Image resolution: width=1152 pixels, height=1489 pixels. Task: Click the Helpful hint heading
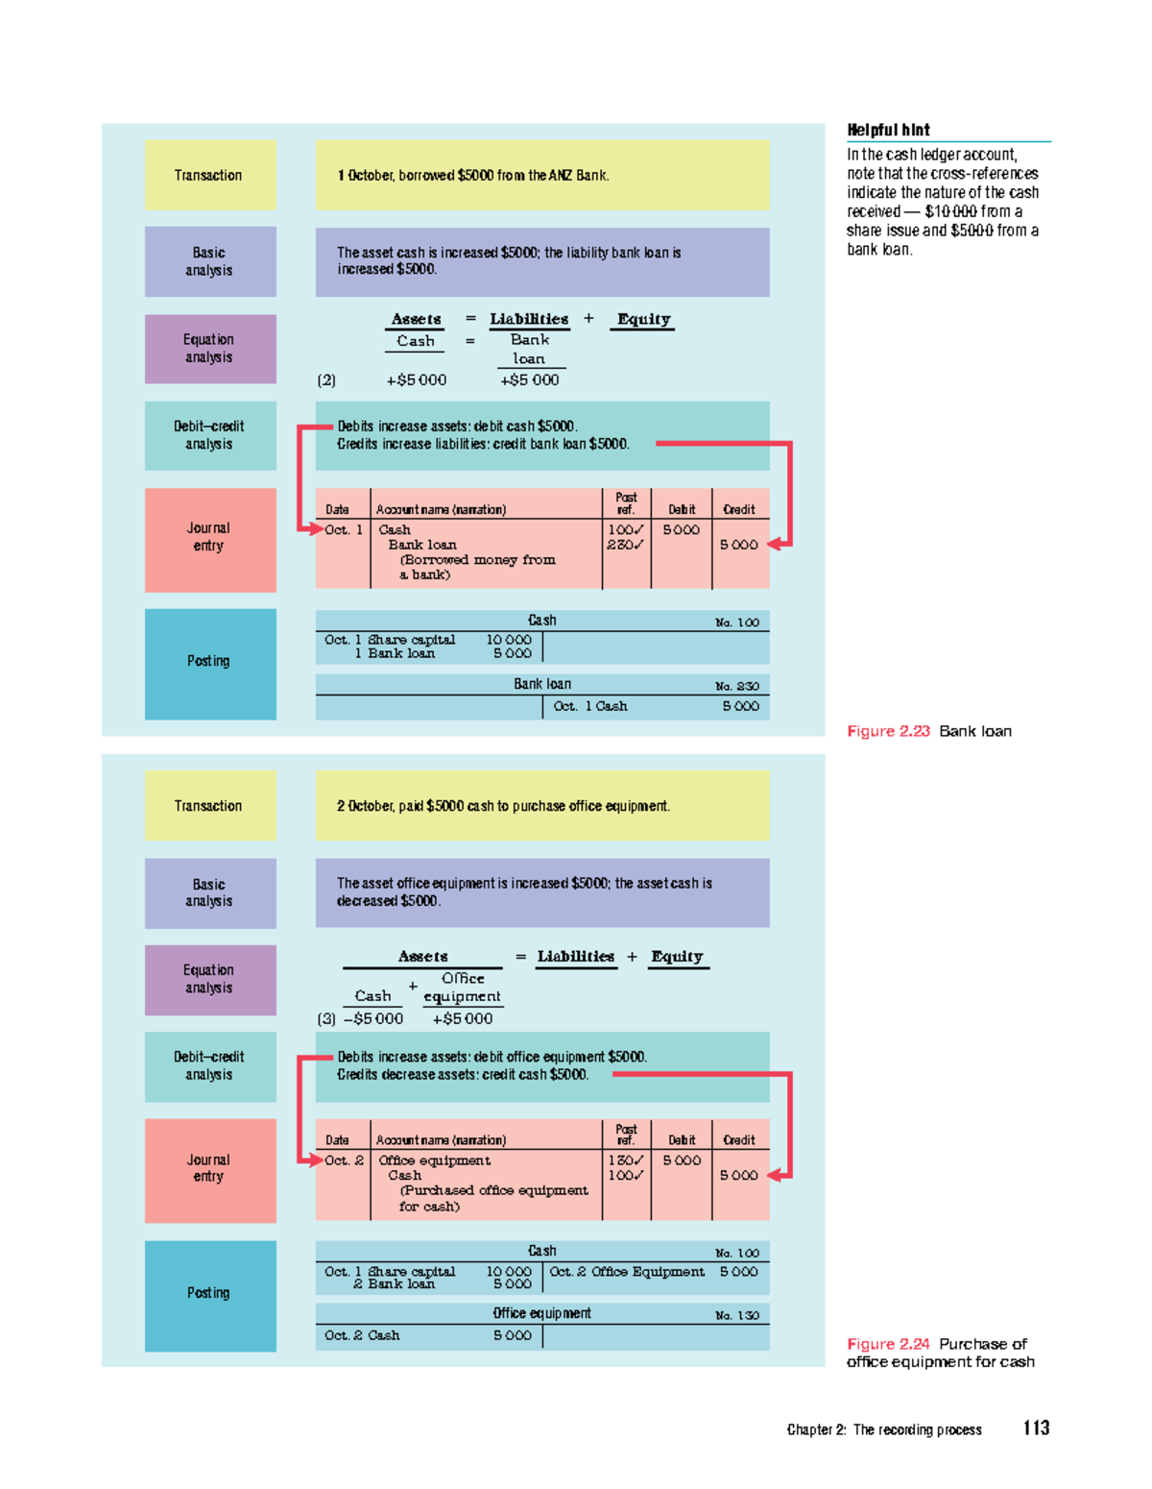pyautogui.click(x=888, y=131)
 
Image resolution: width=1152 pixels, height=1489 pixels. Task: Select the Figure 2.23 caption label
pyautogui.click(x=888, y=731)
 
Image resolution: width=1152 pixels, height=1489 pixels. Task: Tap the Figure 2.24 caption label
pyautogui.click(x=888, y=1344)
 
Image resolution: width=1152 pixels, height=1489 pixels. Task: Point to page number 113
pyautogui.click(x=1037, y=1428)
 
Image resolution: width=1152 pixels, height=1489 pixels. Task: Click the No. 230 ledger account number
pyautogui.click(x=736, y=686)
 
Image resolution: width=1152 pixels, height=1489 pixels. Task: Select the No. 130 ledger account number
pyautogui.click(x=736, y=1315)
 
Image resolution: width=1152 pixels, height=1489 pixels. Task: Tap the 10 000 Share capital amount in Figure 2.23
pyautogui.click(x=509, y=640)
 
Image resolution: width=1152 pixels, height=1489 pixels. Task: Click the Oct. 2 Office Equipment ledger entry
pyautogui.click(x=626, y=1272)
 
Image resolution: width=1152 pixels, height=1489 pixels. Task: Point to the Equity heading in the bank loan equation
pyautogui.click(x=643, y=319)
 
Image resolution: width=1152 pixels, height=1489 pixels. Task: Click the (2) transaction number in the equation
pyautogui.click(x=325, y=380)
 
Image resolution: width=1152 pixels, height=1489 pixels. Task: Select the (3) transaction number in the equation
pyautogui.click(x=325, y=1019)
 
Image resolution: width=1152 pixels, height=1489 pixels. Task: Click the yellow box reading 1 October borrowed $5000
pyautogui.click(x=542, y=176)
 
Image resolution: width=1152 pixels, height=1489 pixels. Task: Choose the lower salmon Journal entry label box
pyautogui.click(x=210, y=1170)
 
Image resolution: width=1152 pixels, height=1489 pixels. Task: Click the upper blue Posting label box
pyautogui.click(x=210, y=664)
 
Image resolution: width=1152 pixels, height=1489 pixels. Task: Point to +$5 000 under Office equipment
pyautogui.click(x=462, y=1019)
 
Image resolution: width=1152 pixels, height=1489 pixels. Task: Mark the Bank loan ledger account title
pyautogui.click(x=542, y=684)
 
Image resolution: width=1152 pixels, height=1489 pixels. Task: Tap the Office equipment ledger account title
pyautogui.click(x=541, y=1313)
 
